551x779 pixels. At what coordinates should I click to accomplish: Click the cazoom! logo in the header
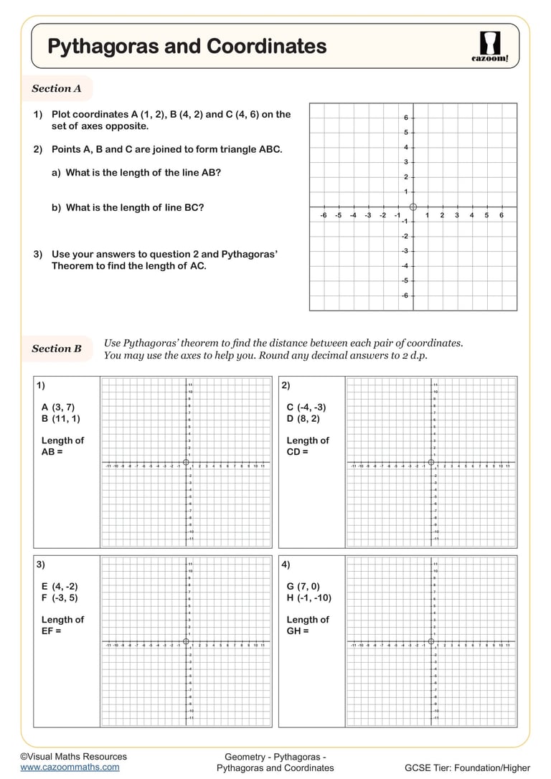point(490,47)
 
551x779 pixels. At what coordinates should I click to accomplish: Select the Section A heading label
point(56,89)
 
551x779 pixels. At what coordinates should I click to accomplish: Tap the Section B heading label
point(56,349)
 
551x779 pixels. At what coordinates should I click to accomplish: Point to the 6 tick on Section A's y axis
point(405,118)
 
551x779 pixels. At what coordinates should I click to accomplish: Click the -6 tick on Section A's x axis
point(324,215)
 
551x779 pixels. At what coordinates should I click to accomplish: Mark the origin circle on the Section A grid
point(413,207)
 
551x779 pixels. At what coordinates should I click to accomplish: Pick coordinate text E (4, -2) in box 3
point(60,586)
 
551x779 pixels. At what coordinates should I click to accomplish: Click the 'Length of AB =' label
point(62,446)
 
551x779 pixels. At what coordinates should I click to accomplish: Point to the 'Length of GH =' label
point(308,625)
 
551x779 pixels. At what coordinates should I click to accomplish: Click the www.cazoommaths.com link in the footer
point(70,767)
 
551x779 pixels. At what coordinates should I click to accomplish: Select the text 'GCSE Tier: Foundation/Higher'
point(467,768)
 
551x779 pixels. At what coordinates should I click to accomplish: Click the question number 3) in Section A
point(38,254)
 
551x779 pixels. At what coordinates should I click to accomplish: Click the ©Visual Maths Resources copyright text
point(73,756)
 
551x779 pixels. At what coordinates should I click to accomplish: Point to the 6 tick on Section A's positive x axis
point(501,215)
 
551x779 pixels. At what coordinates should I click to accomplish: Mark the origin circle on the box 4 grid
point(431,641)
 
